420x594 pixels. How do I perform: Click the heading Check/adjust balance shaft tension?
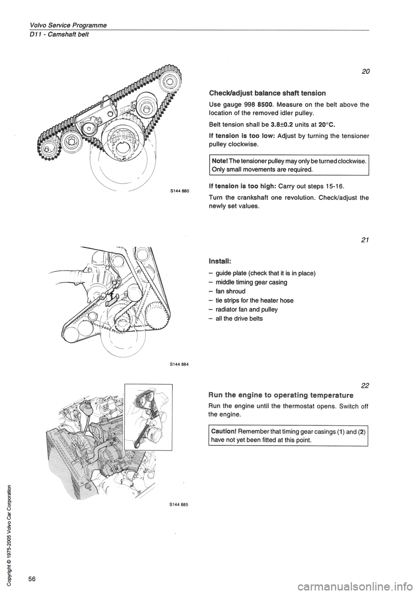click(263, 93)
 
